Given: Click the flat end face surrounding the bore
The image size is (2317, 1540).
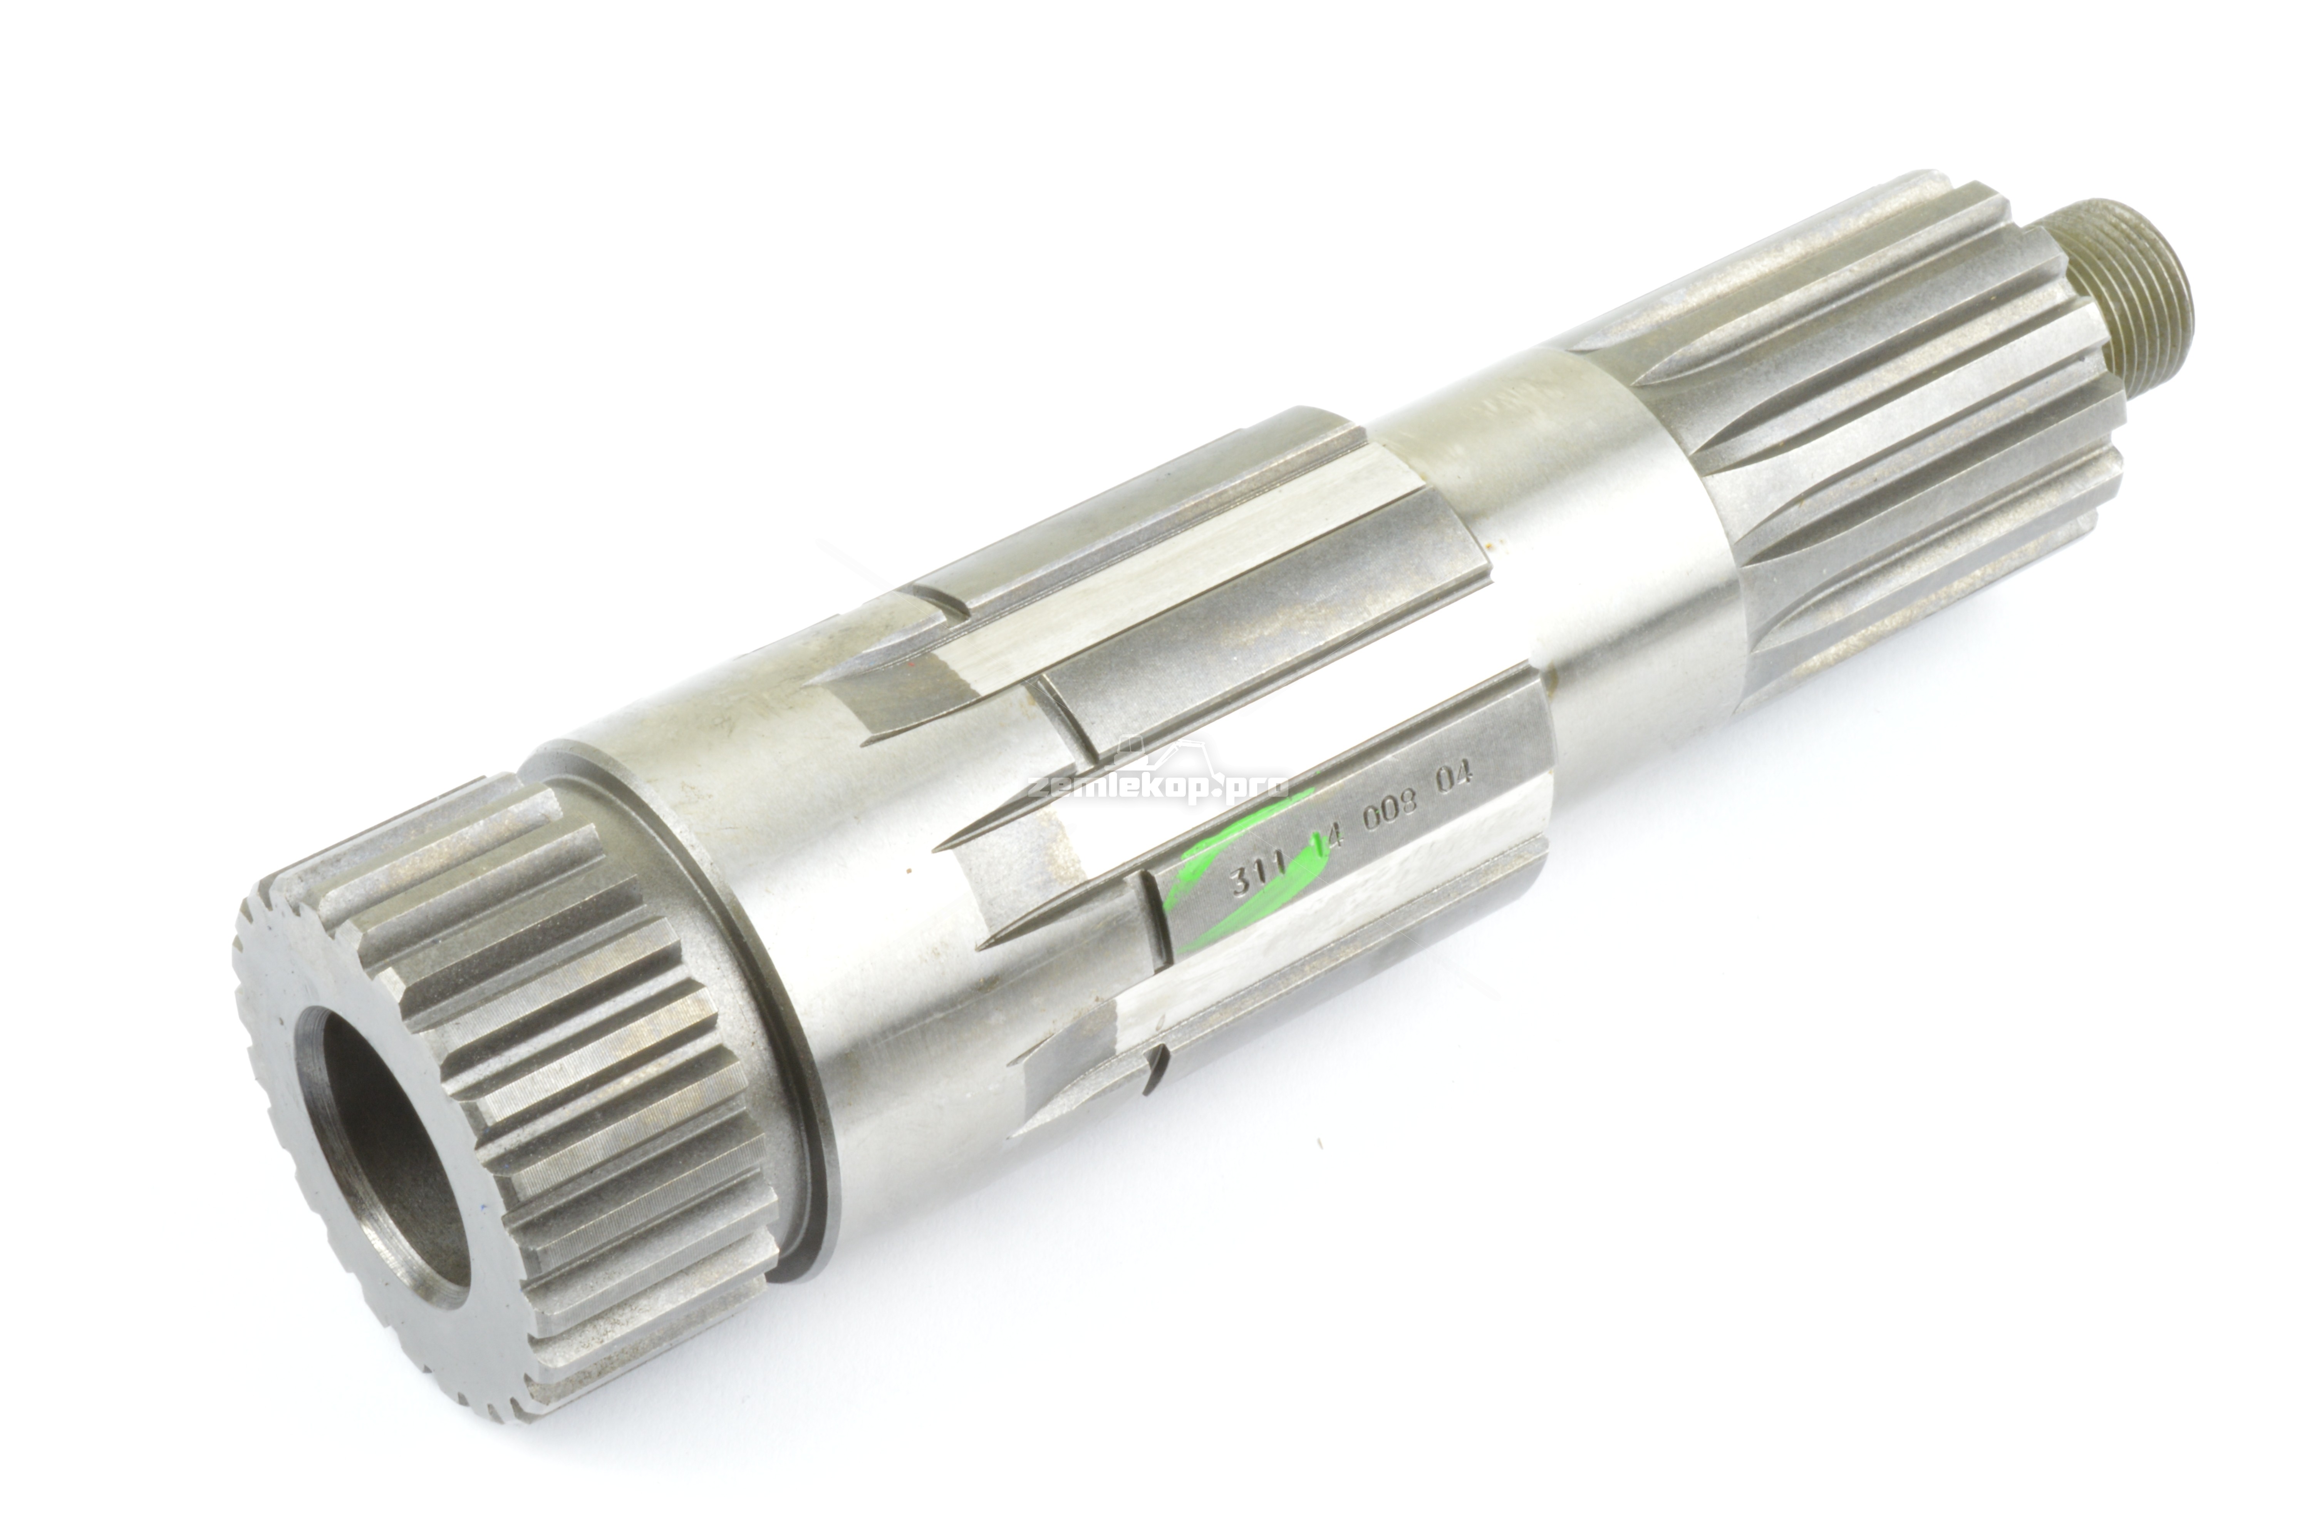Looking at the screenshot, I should (295, 1130).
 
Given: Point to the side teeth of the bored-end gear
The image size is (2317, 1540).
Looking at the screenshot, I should (589, 1080).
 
